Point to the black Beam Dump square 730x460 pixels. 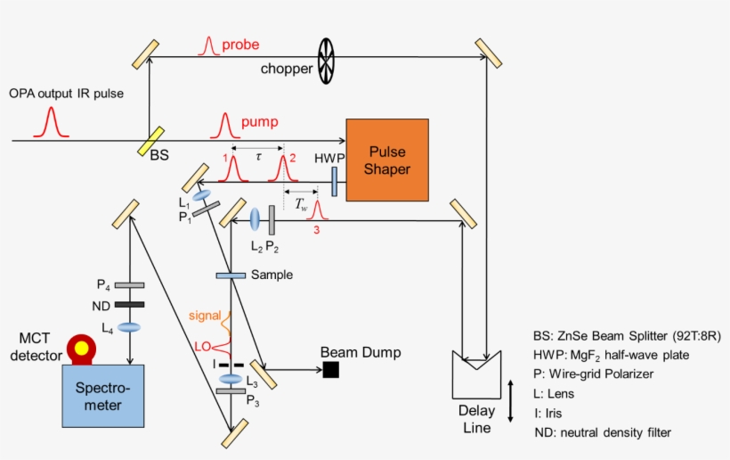point(331,369)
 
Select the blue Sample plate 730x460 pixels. point(231,275)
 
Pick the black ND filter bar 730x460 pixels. point(130,305)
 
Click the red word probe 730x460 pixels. point(241,44)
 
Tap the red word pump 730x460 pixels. point(259,120)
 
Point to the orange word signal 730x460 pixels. point(206,315)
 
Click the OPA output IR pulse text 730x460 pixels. point(67,93)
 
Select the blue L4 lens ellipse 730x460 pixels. point(130,327)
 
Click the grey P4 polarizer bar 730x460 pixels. point(130,285)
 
